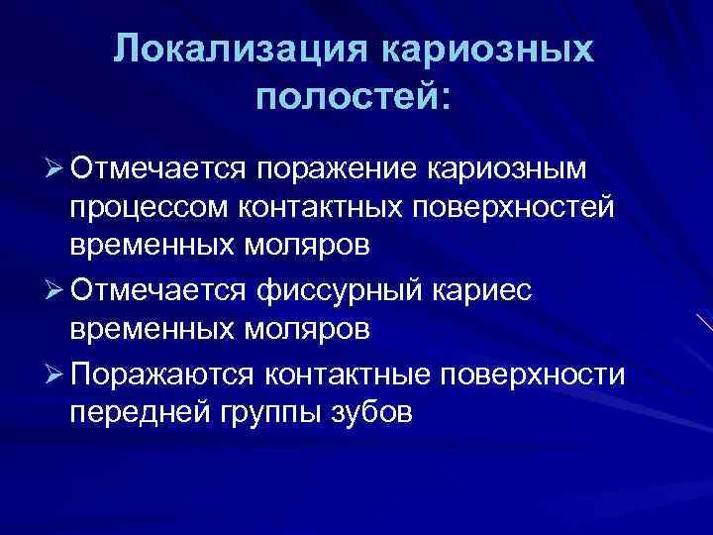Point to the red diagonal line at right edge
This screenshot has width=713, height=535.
point(704,324)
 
